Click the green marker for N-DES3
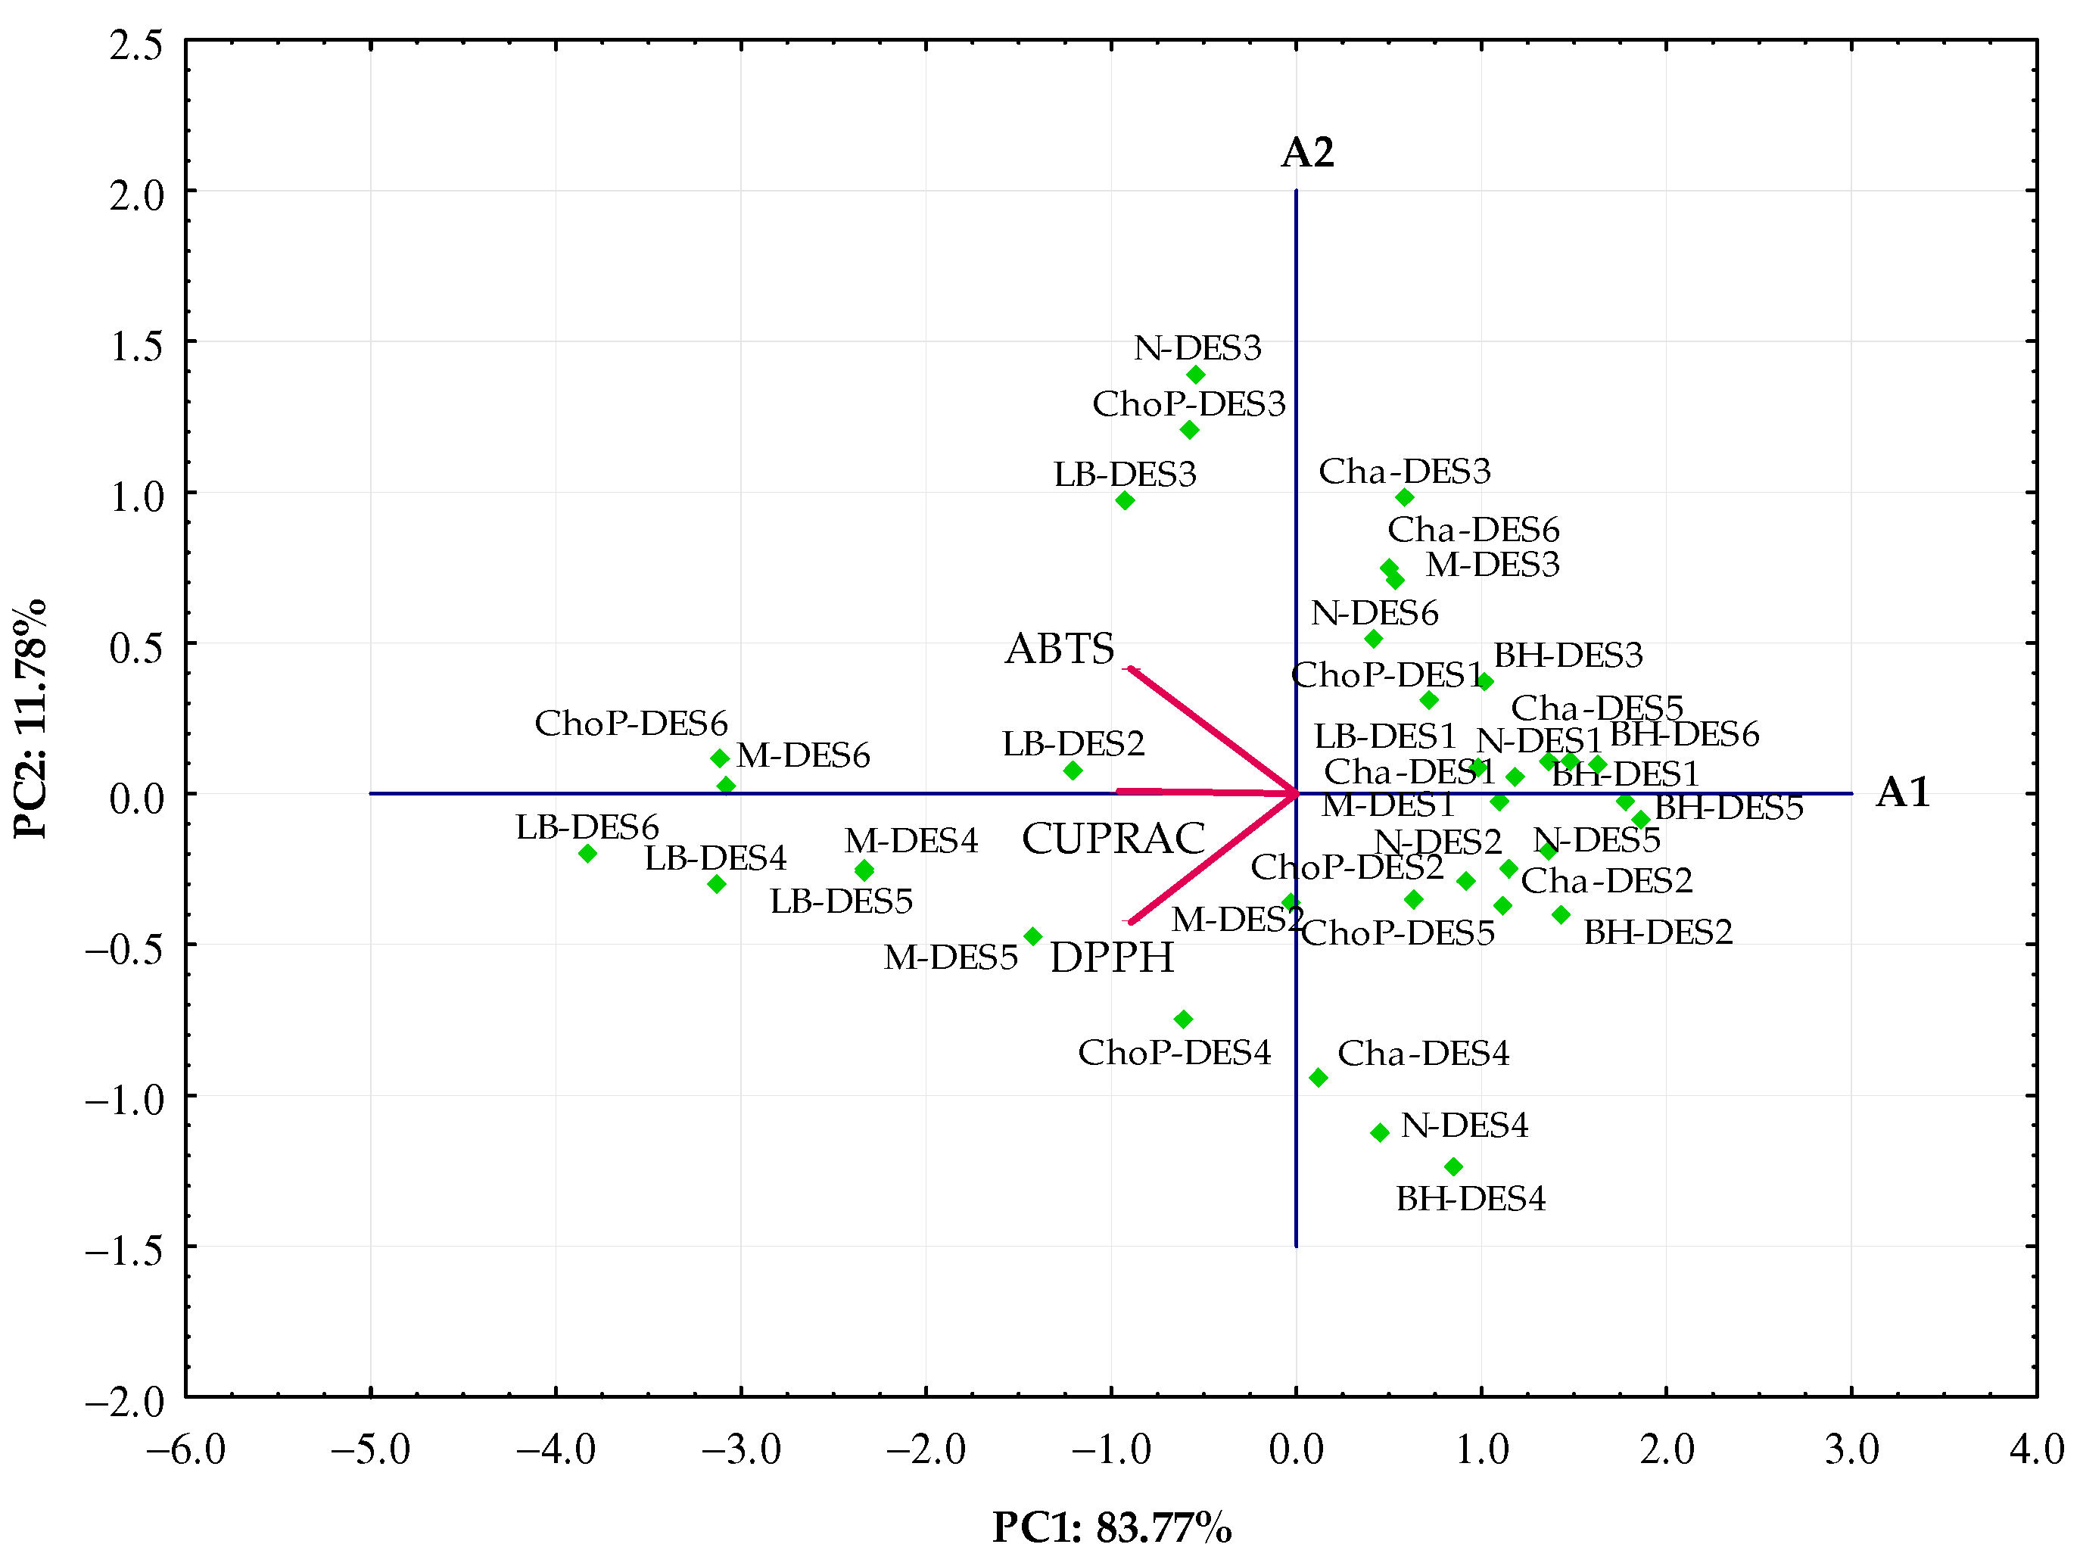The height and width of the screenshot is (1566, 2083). click(1196, 375)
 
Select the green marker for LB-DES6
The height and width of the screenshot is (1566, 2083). click(587, 853)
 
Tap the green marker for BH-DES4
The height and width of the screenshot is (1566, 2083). click(1453, 1166)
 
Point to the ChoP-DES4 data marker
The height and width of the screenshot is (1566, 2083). click(1184, 1019)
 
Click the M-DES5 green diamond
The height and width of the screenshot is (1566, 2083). click(1033, 936)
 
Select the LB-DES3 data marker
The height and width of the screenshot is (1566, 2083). click(1124, 500)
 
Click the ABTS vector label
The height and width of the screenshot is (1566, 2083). click(1060, 649)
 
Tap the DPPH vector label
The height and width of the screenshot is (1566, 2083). click(1111, 957)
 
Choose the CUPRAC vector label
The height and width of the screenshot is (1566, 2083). click(1113, 838)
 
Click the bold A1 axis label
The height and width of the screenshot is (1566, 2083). click(1902, 793)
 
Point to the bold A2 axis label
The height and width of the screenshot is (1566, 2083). click(1307, 153)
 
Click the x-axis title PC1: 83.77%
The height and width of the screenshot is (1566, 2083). click(1111, 1527)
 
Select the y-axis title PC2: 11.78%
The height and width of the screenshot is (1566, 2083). click(30, 718)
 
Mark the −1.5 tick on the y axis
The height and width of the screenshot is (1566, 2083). click(123, 1250)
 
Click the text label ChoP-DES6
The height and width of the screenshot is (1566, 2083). click(631, 723)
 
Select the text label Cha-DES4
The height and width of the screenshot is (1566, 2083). click(1423, 1053)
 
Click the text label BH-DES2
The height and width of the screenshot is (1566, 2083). click(1658, 932)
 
